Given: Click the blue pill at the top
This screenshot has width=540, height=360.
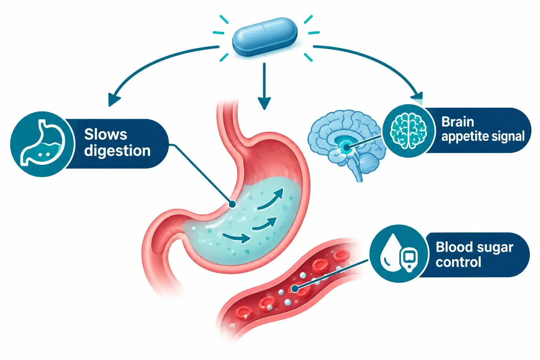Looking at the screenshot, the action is click(x=265, y=37).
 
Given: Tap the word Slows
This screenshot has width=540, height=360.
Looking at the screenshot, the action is click(x=105, y=134).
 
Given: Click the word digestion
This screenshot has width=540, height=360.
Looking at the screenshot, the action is click(x=117, y=151).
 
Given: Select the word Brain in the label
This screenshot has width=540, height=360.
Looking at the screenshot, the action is click(x=457, y=122).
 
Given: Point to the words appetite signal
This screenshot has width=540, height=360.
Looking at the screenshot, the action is click(x=483, y=136).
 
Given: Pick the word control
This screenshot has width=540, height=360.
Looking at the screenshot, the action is click(x=458, y=262).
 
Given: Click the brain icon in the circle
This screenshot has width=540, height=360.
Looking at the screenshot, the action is click(x=408, y=131).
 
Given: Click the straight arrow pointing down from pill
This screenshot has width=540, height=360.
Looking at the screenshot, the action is click(x=264, y=86).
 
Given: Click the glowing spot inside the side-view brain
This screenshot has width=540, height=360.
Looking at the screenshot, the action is click(x=346, y=147).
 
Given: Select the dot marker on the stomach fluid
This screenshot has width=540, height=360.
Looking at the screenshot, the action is click(x=232, y=204).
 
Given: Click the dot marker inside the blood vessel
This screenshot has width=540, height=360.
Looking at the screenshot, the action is click(x=295, y=288).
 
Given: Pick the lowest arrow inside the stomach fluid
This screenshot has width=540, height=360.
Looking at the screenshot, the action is click(x=237, y=238).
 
